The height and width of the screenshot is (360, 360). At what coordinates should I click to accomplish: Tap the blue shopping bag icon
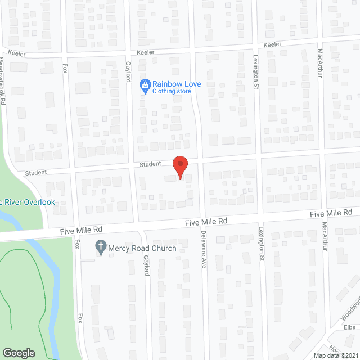(x=145, y=86)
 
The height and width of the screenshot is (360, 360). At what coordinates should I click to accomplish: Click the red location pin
(x=179, y=167)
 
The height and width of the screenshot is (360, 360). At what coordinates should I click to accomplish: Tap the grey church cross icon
(x=101, y=247)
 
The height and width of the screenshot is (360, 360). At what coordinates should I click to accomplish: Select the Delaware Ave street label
(x=204, y=248)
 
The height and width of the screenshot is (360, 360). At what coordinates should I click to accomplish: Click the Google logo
(x=19, y=353)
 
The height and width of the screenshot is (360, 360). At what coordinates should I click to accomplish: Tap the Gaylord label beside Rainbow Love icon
(x=128, y=72)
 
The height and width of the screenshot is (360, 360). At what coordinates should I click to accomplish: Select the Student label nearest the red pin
(x=151, y=164)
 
